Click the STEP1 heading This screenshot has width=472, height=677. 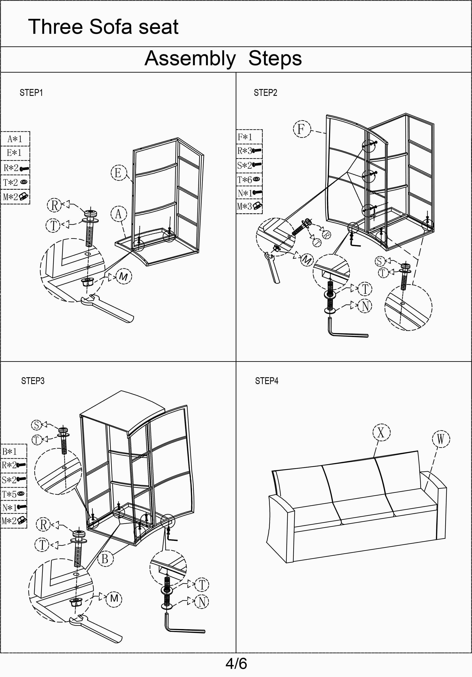(31, 93)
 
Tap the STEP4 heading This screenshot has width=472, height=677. (267, 381)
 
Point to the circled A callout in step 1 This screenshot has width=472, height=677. (119, 214)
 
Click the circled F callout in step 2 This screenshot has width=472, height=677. (301, 129)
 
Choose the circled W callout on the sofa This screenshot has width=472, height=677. (441, 439)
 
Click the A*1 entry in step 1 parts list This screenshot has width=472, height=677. (15, 139)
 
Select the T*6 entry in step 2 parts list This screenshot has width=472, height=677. (249, 180)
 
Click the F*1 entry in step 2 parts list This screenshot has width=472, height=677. (246, 137)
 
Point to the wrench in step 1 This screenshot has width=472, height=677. (109, 308)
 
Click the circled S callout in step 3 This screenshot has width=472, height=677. (37, 425)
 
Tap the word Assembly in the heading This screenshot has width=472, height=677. (190, 58)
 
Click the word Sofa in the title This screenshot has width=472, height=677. (111, 27)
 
